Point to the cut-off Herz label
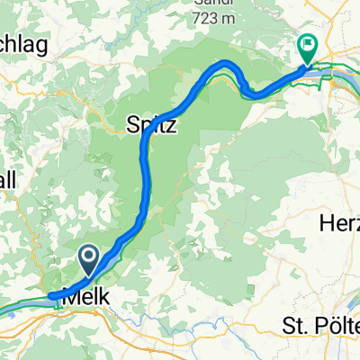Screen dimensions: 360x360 pyautogui.click(x=339, y=223)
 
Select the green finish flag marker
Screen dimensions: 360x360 pyautogui.click(x=308, y=48)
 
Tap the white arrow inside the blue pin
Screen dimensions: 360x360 pyautogui.click(x=89, y=258)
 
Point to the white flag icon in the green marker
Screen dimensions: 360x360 pyautogui.click(x=308, y=41)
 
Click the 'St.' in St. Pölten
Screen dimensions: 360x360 pyautogui.click(x=290, y=324)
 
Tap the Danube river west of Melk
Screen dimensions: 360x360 pyautogui.click(x=22, y=304)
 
